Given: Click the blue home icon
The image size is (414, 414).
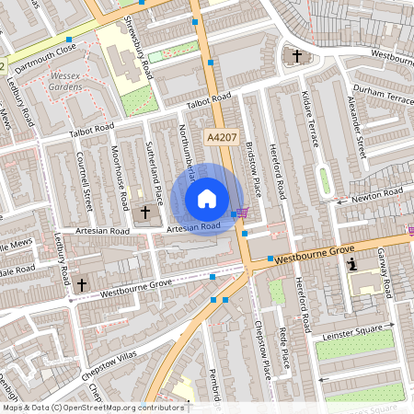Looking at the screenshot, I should click(x=207, y=198).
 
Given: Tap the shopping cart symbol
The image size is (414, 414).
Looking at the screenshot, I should click(x=240, y=213).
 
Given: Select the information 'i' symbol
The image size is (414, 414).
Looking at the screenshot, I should click(x=352, y=265).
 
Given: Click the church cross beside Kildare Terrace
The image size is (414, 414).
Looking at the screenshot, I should click(x=296, y=57).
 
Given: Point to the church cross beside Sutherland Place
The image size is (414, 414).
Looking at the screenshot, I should click(x=144, y=213).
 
